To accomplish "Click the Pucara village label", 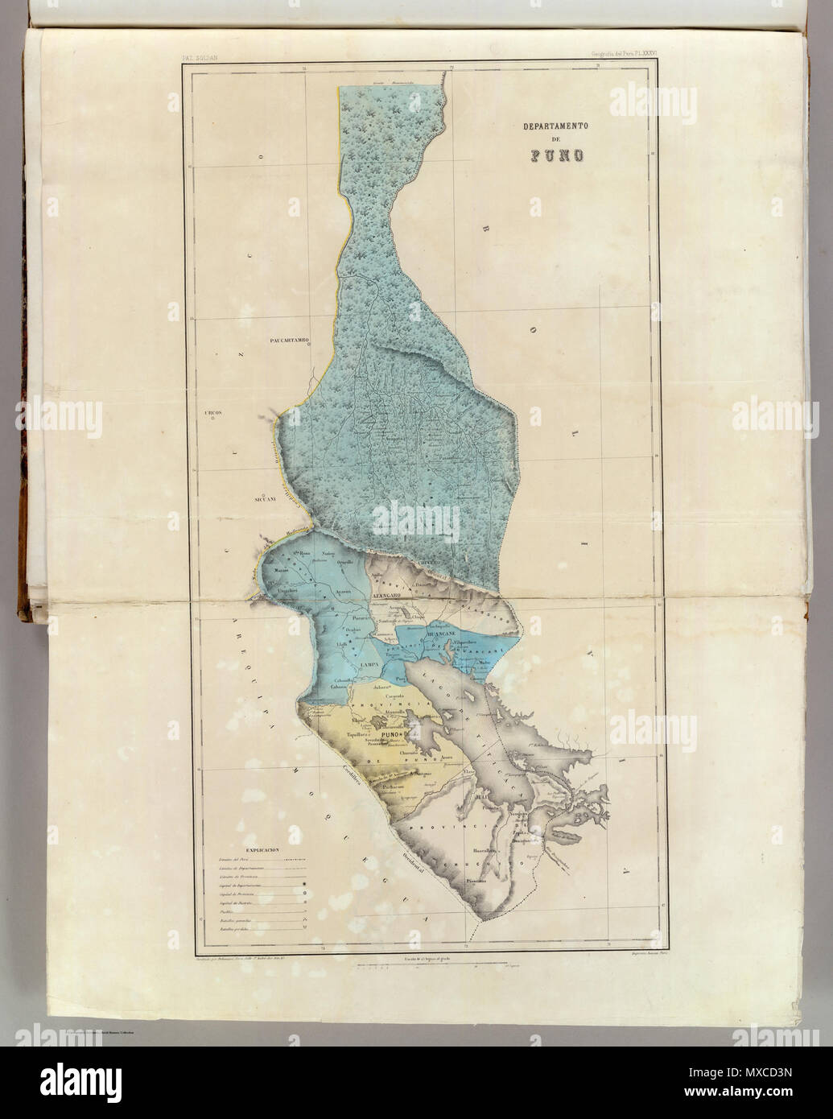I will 364,617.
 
